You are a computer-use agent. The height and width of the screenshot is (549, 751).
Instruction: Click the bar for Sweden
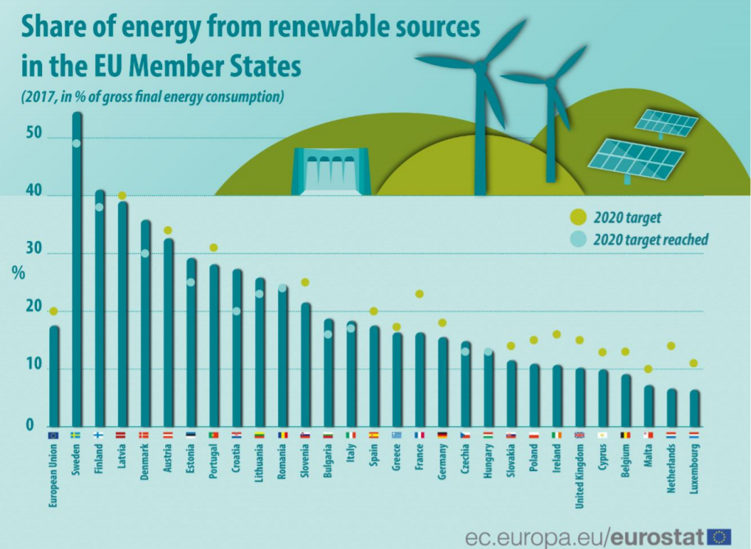click(x=77, y=273)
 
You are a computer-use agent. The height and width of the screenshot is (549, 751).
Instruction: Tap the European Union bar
click(x=54, y=376)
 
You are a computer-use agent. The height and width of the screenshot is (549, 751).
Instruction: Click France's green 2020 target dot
click(x=420, y=294)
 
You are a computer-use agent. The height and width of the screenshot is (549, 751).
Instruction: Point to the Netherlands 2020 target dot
click(x=671, y=346)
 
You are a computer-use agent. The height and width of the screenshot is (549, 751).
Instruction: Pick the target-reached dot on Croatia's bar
click(x=237, y=311)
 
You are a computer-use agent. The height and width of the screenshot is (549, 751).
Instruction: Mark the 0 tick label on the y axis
click(x=31, y=425)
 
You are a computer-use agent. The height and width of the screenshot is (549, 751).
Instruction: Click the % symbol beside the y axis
click(x=18, y=271)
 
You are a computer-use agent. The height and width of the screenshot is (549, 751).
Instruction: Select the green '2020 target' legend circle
click(x=578, y=217)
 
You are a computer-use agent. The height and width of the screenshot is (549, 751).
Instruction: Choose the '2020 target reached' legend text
click(x=650, y=239)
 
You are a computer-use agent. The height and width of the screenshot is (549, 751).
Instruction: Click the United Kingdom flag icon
click(x=579, y=435)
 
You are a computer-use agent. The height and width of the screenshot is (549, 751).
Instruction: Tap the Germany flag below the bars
click(x=442, y=435)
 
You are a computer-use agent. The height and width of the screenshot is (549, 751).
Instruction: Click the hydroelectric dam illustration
click(x=331, y=171)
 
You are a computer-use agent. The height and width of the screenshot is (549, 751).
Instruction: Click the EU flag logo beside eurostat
click(x=719, y=536)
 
